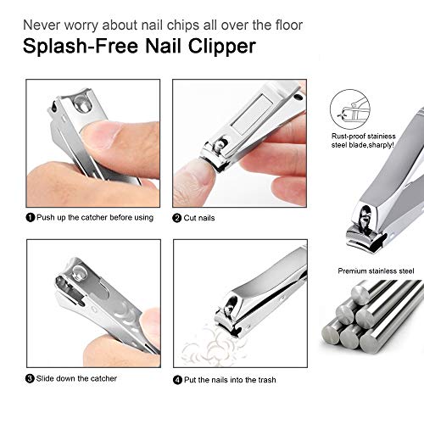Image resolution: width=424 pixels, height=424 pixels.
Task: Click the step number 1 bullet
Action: pyautogui.click(x=30, y=218)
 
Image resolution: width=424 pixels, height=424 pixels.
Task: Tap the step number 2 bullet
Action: pyautogui.click(x=176, y=218)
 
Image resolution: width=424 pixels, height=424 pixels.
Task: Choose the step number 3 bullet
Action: pyautogui.click(x=30, y=377)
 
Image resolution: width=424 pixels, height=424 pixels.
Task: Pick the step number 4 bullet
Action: pyautogui.click(x=176, y=379)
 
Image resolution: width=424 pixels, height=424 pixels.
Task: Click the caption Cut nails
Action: pyautogui.click(x=203, y=218)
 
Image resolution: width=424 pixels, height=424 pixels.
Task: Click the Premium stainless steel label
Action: pyautogui.click(x=374, y=271)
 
